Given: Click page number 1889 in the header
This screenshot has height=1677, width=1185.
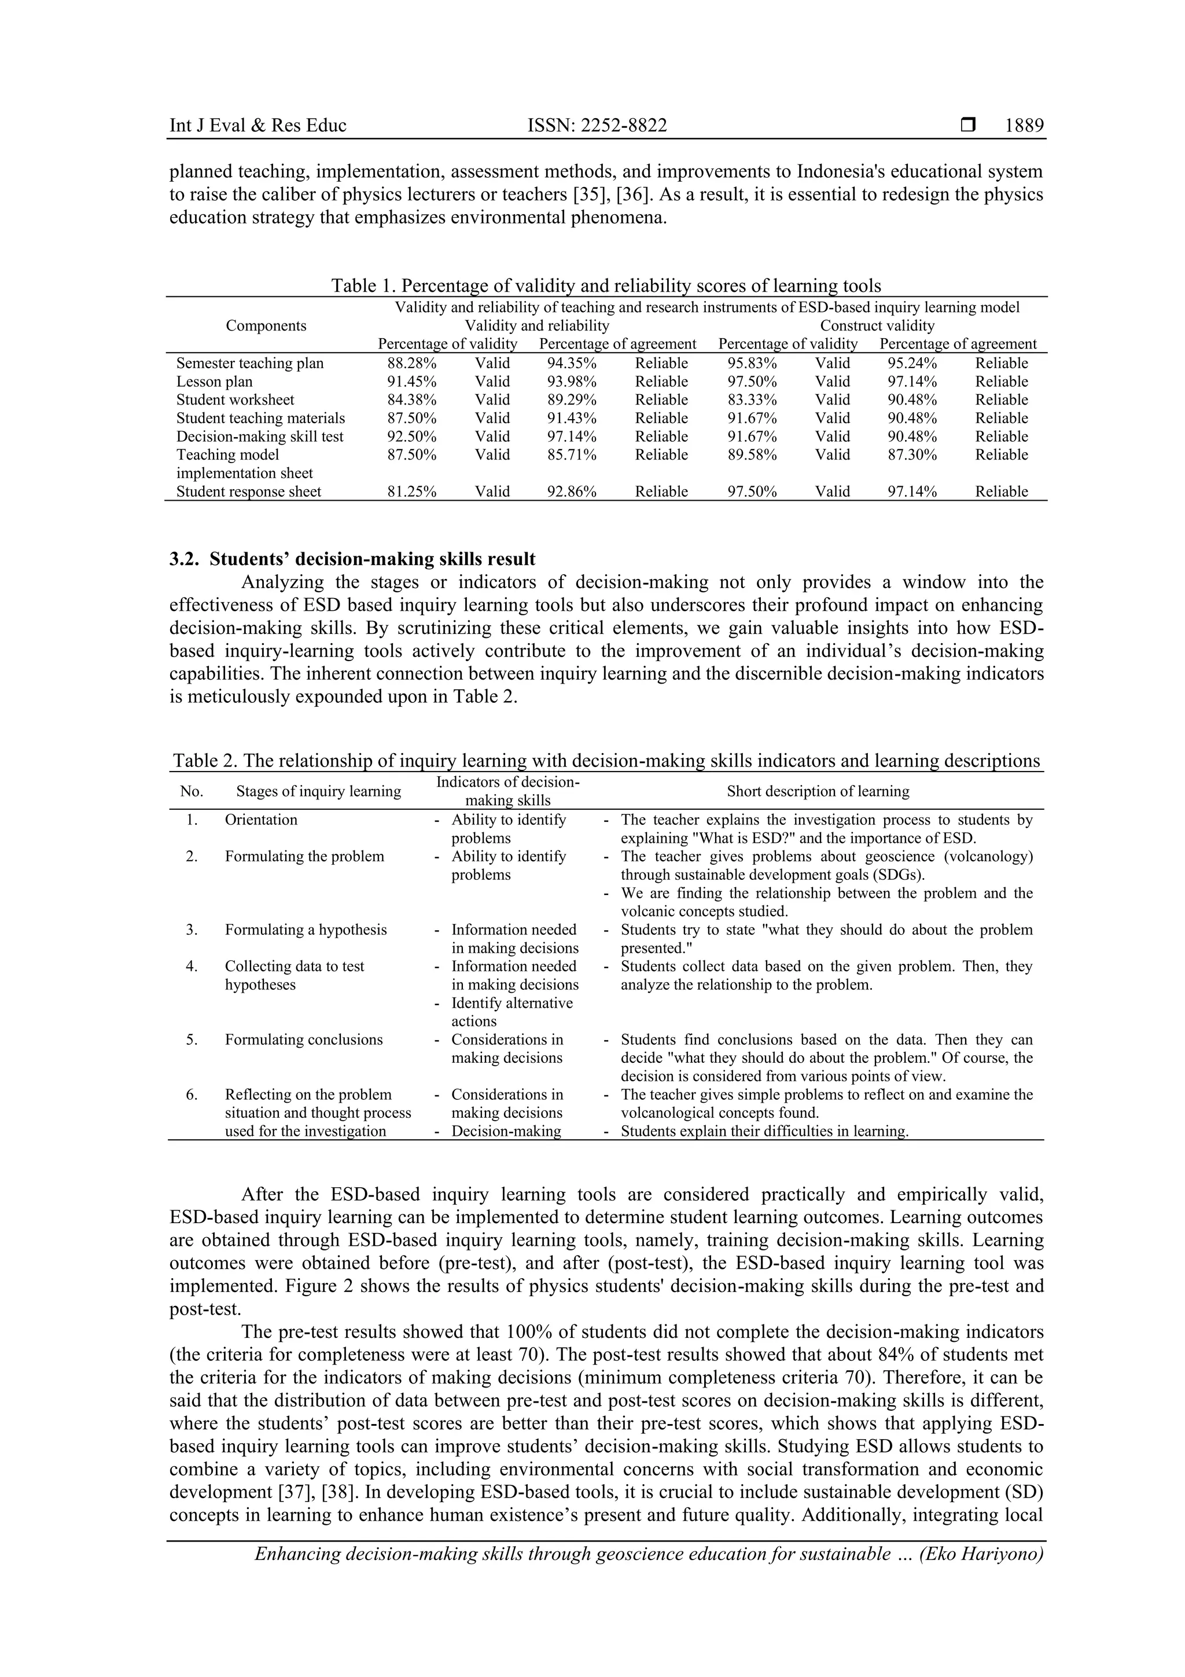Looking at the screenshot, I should (x=1024, y=126).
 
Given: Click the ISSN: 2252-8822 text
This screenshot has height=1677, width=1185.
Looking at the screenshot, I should (x=597, y=126).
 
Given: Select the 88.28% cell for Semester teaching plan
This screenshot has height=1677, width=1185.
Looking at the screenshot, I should (x=411, y=363).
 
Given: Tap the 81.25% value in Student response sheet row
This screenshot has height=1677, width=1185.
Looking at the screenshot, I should (x=411, y=491).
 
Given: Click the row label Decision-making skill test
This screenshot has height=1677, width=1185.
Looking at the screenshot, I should (x=259, y=436).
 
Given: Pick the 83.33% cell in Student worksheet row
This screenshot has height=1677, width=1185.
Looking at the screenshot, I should (x=752, y=399).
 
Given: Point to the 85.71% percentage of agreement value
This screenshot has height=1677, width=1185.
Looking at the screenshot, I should (x=572, y=454).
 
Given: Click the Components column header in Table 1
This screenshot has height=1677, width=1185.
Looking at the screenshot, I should (x=266, y=326).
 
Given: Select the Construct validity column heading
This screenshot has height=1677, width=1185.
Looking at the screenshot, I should (x=877, y=326).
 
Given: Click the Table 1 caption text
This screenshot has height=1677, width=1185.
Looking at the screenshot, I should (x=606, y=285).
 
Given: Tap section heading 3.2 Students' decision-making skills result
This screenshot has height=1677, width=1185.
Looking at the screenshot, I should (x=352, y=560).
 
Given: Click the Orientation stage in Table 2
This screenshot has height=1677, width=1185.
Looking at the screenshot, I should (x=260, y=820).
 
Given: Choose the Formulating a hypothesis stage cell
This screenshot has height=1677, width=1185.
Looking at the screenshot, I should (x=305, y=930).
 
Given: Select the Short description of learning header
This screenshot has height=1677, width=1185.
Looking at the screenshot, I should (x=818, y=791).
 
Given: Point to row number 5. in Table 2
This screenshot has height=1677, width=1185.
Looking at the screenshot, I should (x=192, y=1039).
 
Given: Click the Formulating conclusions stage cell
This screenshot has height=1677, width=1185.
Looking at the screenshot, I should (x=303, y=1039).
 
